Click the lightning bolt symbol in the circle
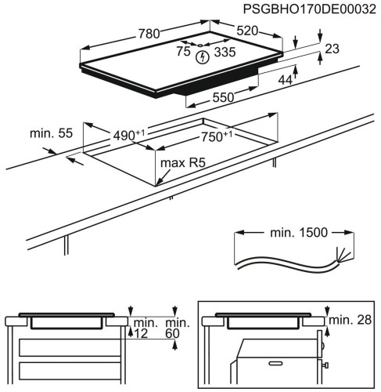pos(203,56)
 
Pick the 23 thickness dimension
pos(331,49)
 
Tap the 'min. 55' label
pos(51,133)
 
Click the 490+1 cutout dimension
pos(127,136)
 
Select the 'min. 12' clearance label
pos(144,328)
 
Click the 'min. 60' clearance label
pos(178,328)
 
